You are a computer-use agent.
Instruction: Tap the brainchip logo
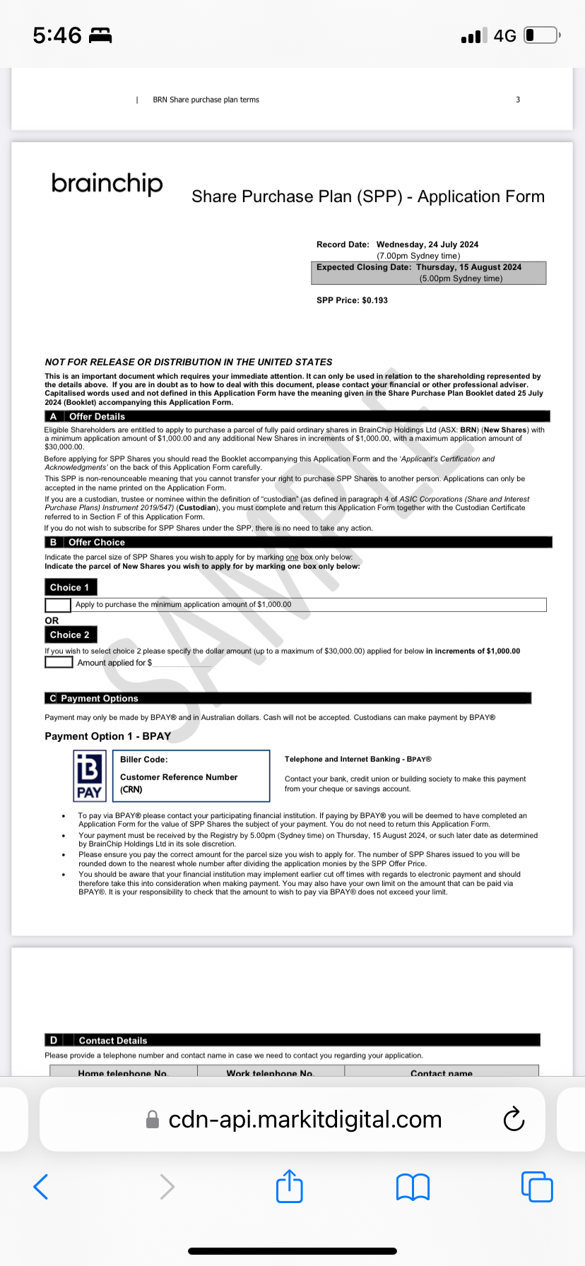coord(107,184)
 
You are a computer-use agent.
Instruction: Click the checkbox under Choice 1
coord(58,605)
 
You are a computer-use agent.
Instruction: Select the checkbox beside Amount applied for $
coord(59,663)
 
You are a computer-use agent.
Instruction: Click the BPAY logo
coord(90,776)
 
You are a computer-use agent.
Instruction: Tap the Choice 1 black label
coord(71,587)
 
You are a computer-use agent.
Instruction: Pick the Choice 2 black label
coord(71,634)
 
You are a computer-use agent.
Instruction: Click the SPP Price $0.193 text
coord(352,300)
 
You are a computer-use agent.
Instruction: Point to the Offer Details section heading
coord(97,417)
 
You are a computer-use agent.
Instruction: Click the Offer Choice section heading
coord(97,543)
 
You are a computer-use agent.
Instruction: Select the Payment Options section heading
coord(100,699)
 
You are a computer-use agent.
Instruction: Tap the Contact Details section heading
coord(113,1041)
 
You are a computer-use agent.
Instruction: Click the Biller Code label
coord(144,759)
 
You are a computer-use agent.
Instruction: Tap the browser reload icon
coord(514,1119)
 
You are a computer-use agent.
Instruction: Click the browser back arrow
coord(41,1186)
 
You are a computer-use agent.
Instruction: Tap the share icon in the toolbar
coord(289,1186)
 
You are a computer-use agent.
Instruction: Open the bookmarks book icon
coord(413,1187)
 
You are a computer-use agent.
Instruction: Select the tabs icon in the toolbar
coord(537,1186)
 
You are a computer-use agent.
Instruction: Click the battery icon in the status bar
coord(541,35)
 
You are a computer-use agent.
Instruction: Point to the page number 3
coord(518,100)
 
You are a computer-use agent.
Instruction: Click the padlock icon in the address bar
coord(152,1120)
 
